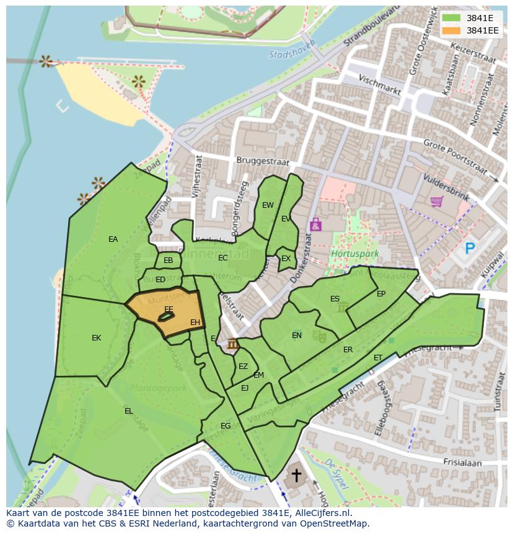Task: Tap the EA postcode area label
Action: pos(113,239)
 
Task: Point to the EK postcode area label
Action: pos(96,338)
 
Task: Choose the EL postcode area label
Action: pos(128,411)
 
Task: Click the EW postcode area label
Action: pos(268,205)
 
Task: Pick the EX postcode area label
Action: pos(286,259)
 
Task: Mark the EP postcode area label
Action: pos(381,294)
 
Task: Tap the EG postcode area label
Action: pos(226,425)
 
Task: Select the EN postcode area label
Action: pos(297,336)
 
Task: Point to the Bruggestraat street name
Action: pos(263,161)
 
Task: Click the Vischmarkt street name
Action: pos(380,84)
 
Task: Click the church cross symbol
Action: pos(297,476)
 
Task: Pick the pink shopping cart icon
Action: pos(436,202)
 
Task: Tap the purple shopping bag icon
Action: pos(315,224)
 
